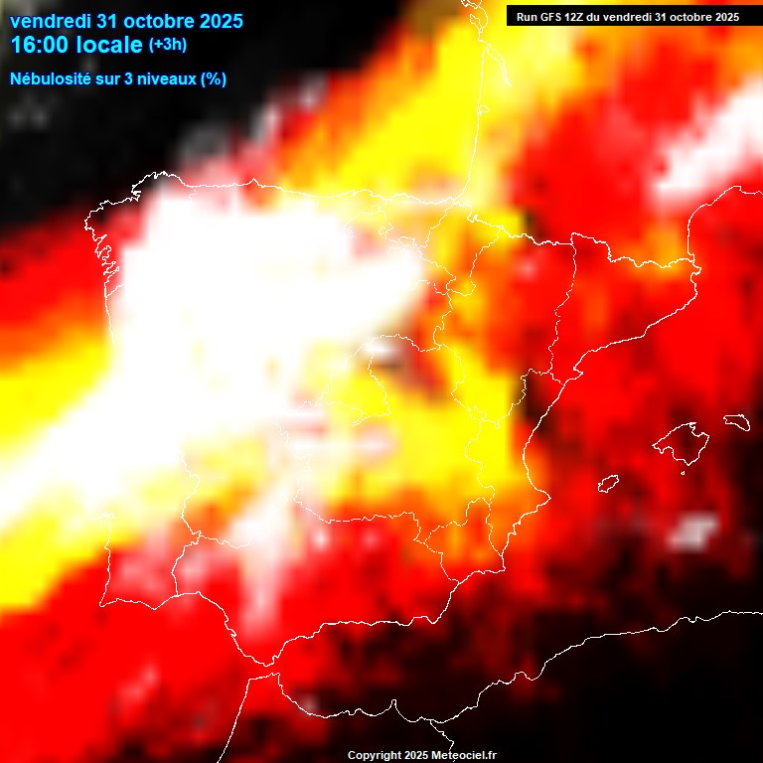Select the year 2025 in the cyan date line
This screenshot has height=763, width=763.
[x=223, y=21]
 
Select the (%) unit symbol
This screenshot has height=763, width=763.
[x=214, y=78]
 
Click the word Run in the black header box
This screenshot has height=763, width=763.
[x=528, y=17]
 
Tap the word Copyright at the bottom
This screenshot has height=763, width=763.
[x=373, y=756]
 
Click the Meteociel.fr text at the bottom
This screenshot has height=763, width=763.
[x=464, y=756]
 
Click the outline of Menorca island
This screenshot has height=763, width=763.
[x=735, y=421]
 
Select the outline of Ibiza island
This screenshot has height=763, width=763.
[x=608, y=484]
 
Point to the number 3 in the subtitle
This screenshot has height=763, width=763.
[x=123, y=78]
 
